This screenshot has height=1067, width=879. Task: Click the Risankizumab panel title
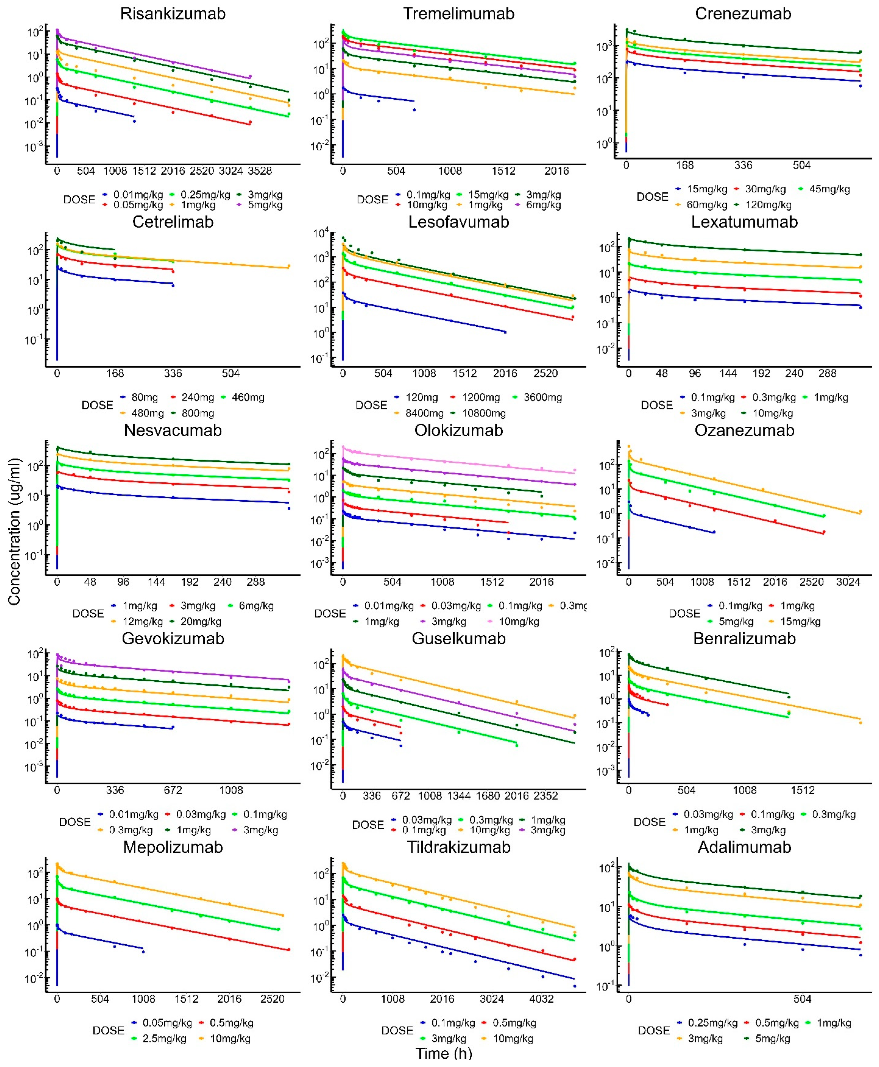(x=173, y=14)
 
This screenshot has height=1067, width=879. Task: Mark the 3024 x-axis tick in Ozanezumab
(x=848, y=582)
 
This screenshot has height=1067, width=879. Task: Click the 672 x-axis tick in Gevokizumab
(x=173, y=790)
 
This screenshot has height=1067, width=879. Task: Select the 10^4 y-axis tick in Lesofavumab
(x=321, y=233)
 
